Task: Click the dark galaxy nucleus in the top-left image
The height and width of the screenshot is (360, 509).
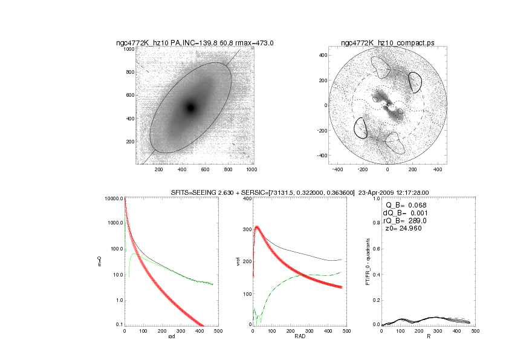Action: (190, 108)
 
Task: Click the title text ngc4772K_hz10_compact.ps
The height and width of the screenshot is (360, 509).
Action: (387, 43)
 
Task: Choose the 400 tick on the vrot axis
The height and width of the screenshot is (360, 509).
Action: (246, 198)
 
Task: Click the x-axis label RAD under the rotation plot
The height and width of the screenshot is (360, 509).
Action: (299, 338)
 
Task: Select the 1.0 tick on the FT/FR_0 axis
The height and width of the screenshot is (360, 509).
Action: (375, 198)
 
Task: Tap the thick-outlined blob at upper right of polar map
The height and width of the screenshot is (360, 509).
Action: (415, 81)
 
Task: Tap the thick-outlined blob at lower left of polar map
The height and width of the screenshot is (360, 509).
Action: (360, 128)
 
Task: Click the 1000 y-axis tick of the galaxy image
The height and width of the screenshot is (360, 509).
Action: (129, 49)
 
